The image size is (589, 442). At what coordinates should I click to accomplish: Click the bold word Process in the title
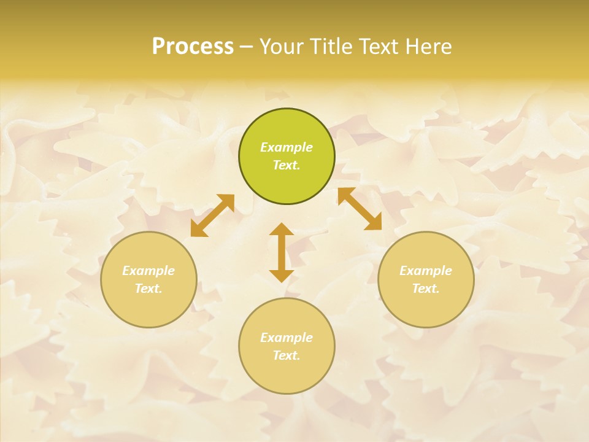click(193, 47)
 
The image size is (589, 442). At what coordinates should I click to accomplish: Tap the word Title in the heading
click(331, 47)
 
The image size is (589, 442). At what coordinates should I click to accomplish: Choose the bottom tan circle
click(287, 374)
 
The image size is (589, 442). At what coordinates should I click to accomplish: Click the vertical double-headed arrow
click(282, 252)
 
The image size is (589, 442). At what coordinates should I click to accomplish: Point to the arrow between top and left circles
click(212, 215)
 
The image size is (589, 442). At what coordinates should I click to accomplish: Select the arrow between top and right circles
click(360, 209)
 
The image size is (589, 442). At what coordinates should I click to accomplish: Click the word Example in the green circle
click(287, 147)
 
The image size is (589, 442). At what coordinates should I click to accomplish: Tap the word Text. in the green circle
click(287, 165)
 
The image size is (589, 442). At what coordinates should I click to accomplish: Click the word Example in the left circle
click(148, 271)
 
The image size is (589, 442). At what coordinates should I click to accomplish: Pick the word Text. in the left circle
click(148, 289)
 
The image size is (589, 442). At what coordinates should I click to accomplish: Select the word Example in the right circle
click(426, 271)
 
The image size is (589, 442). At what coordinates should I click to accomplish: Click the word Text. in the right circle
click(426, 289)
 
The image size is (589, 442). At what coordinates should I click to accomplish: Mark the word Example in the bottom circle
click(287, 338)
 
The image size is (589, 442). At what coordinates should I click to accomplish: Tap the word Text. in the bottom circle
click(287, 355)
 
